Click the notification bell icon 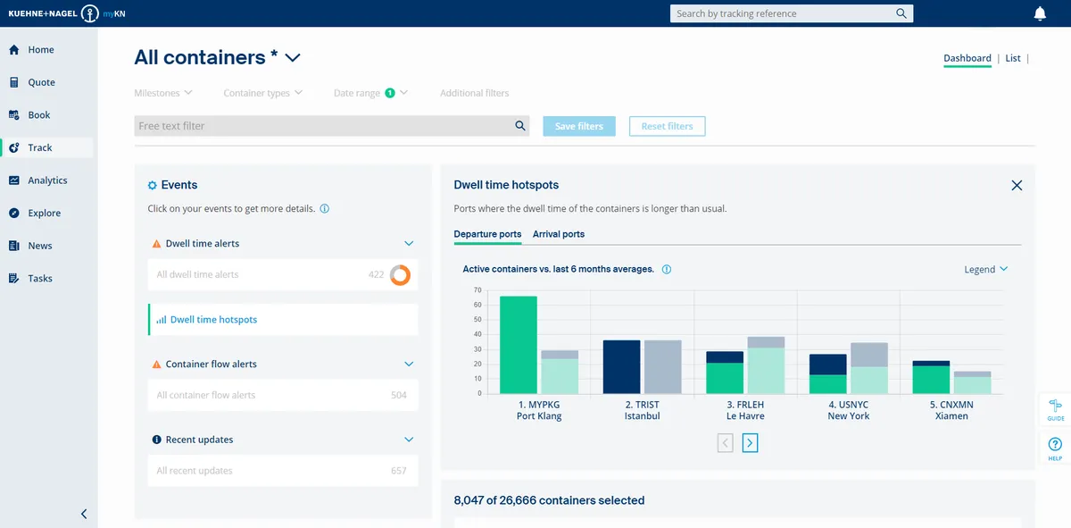tap(1040, 13)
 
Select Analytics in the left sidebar tap(47, 180)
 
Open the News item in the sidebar tap(39, 246)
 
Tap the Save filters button tap(578, 126)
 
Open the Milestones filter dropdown tap(164, 93)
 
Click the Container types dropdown tap(262, 93)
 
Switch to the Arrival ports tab tap(559, 234)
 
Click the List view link tap(1013, 58)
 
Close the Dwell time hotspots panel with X tap(1017, 186)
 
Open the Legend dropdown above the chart tap(985, 269)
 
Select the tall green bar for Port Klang tap(518, 345)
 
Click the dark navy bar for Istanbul tap(621, 366)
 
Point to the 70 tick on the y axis tap(477, 290)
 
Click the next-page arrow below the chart tap(750, 442)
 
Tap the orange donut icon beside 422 tap(401, 275)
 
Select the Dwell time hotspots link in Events tap(213, 320)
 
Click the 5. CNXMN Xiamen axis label tap(951, 410)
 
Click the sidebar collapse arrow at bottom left tap(84, 514)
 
